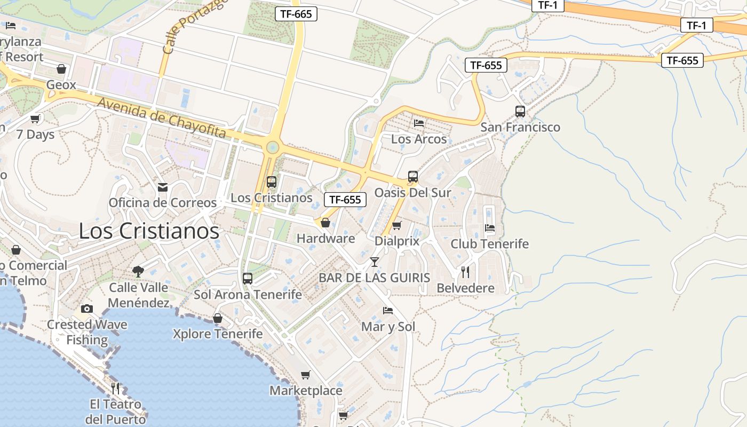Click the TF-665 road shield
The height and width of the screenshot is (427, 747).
[x=296, y=14]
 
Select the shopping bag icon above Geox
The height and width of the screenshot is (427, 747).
[x=61, y=69]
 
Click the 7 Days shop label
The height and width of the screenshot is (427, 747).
[x=35, y=134]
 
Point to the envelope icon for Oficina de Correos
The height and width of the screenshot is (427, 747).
[x=163, y=187]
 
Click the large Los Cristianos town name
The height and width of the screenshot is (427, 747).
[x=149, y=231]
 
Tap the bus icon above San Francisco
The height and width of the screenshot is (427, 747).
[x=520, y=112]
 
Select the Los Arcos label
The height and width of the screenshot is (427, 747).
[x=419, y=139]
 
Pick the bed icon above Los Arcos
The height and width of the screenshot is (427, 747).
[x=419, y=123]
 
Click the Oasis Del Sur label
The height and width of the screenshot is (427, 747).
[x=413, y=192]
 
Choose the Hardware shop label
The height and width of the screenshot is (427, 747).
[x=325, y=238]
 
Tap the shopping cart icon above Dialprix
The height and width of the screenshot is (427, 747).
[x=396, y=226]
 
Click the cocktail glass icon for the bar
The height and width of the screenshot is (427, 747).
[x=375, y=262]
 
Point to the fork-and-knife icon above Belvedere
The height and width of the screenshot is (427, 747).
[x=465, y=272]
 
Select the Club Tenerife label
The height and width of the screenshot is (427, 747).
[x=490, y=243]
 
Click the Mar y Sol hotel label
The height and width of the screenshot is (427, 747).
[x=388, y=326]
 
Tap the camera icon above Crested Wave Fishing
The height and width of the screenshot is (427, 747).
[x=87, y=309]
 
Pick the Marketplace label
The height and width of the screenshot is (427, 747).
[x=306, y=390]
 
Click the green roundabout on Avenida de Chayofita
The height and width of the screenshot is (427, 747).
[x=273, y=147]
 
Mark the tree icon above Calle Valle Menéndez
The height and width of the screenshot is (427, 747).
[x=138, y=271]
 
